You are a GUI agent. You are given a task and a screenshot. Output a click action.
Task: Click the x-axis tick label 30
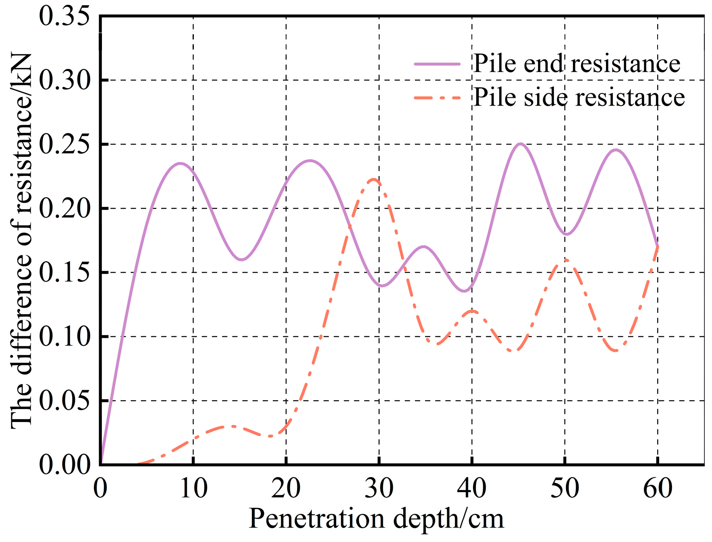(x=379, y=488)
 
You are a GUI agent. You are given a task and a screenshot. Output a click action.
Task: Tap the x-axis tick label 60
(x=658, y=488)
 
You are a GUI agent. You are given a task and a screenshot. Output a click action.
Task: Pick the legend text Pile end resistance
(x=576, y=64)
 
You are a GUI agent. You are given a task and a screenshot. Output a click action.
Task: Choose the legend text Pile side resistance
(x=579, y=97)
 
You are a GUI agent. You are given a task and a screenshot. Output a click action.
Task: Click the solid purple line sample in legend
(x=437, y=64)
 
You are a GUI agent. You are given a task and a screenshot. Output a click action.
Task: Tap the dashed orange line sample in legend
(x=437, y=98)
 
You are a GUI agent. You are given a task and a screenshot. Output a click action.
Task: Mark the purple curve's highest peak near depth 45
(x=521, y=144)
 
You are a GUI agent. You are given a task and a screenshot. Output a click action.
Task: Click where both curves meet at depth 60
(x=658, y=246)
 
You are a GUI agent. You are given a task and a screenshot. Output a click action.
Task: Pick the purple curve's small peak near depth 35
(x=423, y=246)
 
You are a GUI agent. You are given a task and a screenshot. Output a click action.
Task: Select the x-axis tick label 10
(x=193, y=488)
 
